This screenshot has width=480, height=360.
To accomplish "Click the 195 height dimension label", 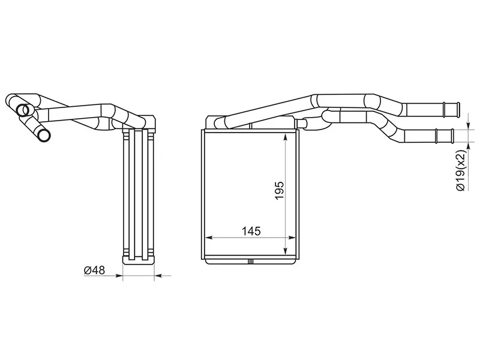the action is pyautogui.click(x=280, y=191).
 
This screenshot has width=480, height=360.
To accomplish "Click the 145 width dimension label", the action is pyautogui.click(x=251, y=232).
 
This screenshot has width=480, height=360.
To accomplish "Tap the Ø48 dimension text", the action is pyautogui.click(x=94, y=270).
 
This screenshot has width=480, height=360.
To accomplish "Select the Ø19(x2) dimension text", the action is pyautogui.click(x=461, y=170).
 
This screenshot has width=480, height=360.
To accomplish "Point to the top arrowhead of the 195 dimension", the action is pyautogui.click(x=286, y=137).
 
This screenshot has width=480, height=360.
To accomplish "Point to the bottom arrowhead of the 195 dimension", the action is pyautogui.click(x=286, y=250).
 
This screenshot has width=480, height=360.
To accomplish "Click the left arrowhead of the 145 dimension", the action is pyautogui.click(x=208, y=237).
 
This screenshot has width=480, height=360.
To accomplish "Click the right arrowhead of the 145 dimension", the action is pyautogui.click(x=292, y=237).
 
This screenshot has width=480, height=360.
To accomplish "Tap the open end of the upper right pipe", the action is pyautogui.click(x=458, y=109).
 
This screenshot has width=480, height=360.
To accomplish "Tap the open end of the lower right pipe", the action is pyautogui.click(x=451, y=136).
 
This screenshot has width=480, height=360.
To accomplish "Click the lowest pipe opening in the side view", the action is pyautogui.click(x=44, y=136).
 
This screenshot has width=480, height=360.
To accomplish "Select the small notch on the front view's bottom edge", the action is pyautogui.click(x=250, y=262).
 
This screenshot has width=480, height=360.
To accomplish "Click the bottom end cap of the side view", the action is pyautogui.click(x=139, y=260).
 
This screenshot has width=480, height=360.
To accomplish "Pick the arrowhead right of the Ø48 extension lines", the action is pyautogui.click(x=159, y=276).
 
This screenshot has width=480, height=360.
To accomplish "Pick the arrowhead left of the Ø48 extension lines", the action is pyautogui.click(x=118, y=276).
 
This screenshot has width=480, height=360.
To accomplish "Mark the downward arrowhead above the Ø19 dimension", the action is pyautogui.click(x=468, y=125).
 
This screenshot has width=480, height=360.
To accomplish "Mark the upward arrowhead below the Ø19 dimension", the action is pyautogui.click(x=468, y=147).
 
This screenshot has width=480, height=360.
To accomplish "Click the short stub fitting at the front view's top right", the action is pyautogui.click(x=303, y=124).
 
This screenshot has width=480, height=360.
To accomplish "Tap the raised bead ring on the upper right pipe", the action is pyautogui.click(x=444, y=109).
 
